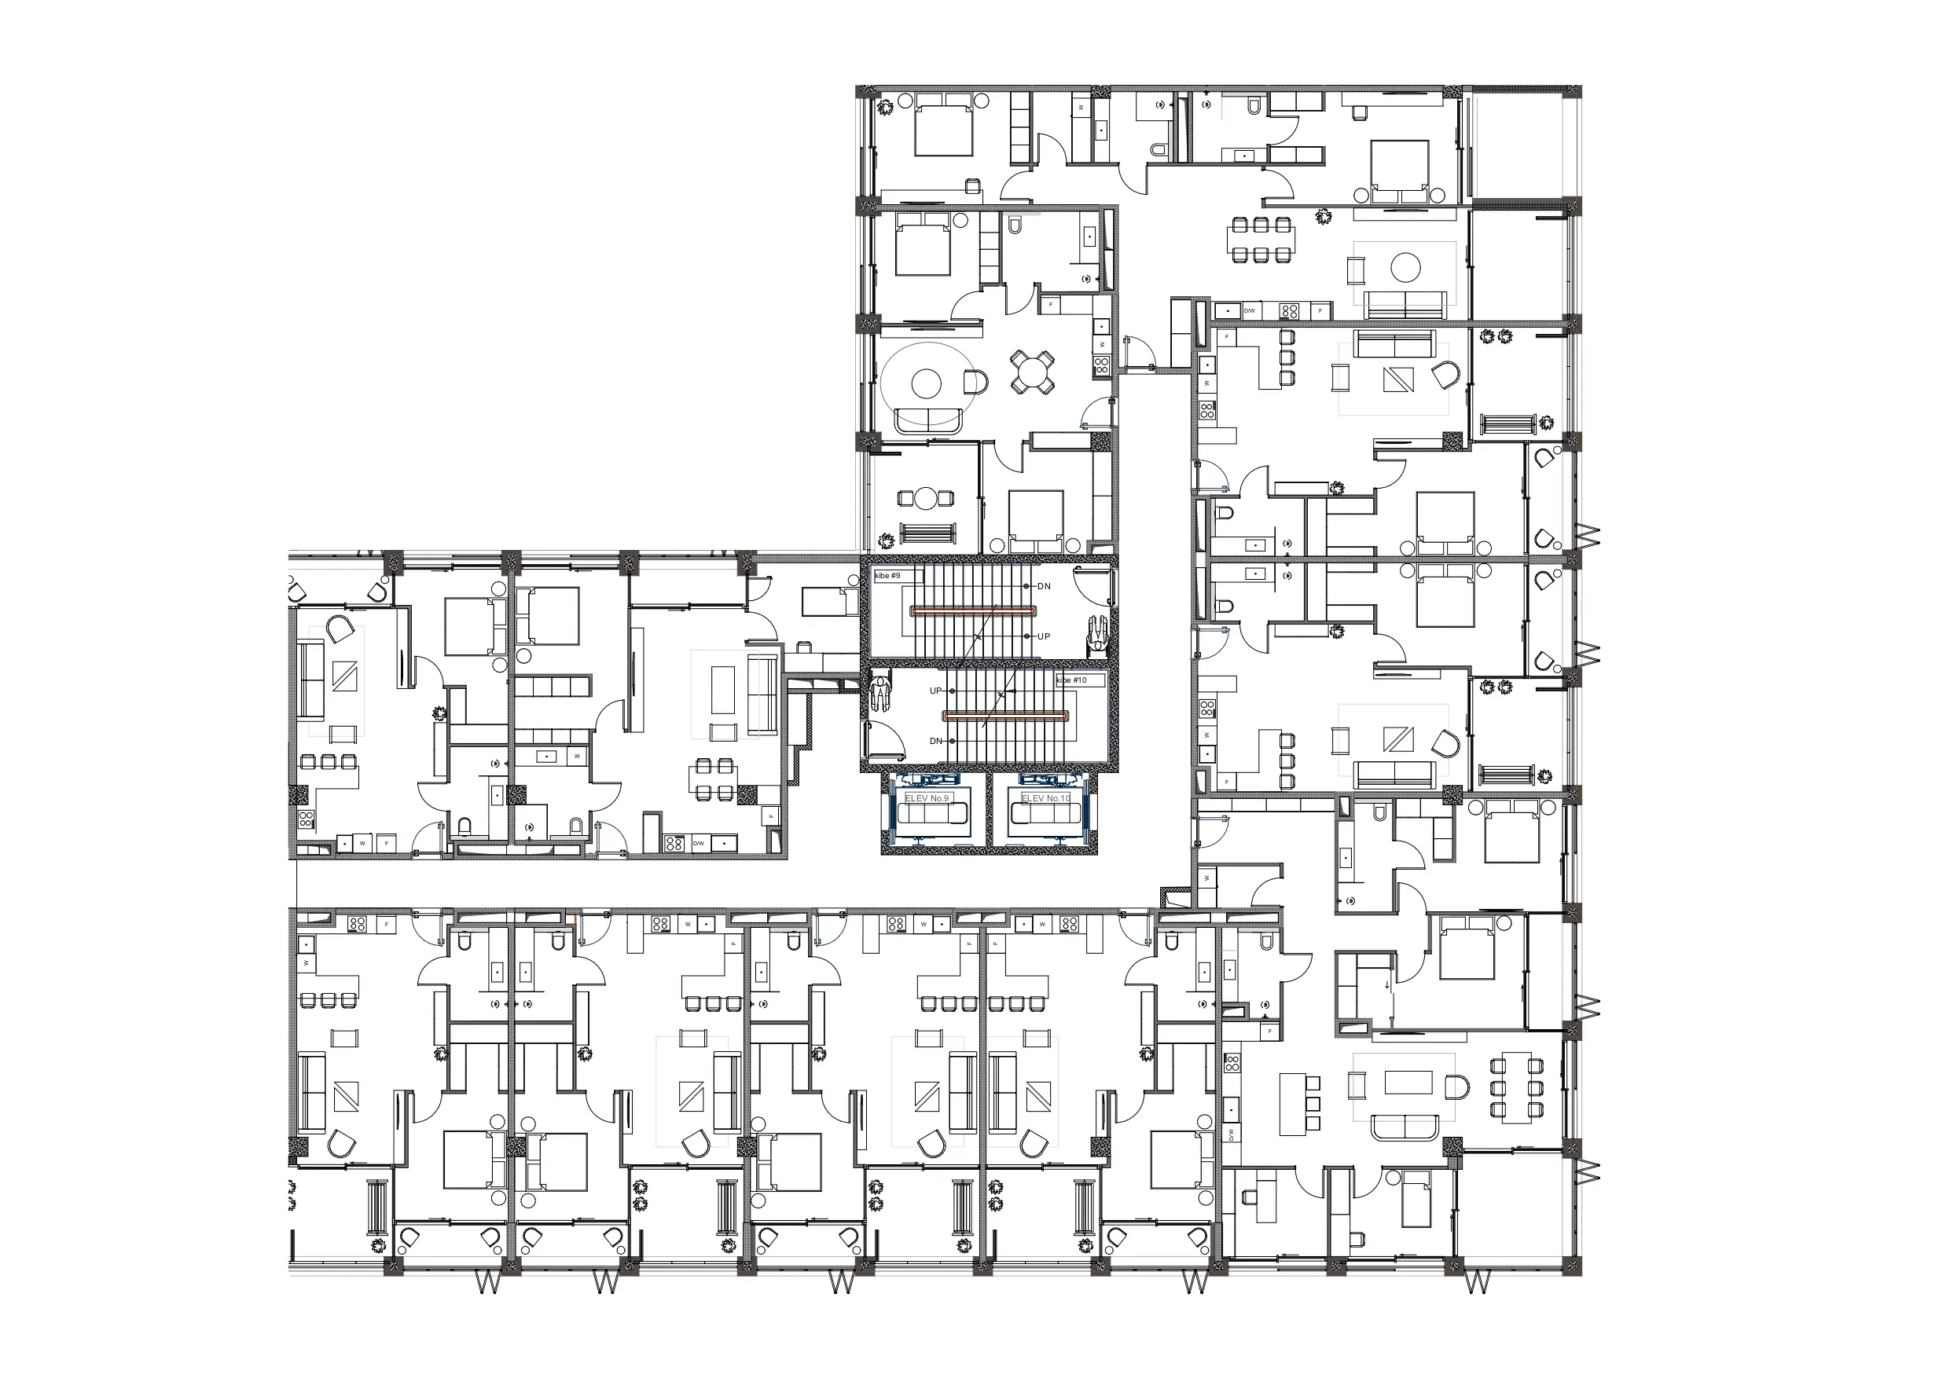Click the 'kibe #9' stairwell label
[x=887, y=576]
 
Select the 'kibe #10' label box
[x=1072, y=680]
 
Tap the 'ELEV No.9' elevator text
[x=927, y=798]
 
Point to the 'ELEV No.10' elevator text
[x=1045, y=798]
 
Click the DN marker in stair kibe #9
[x=1044, y=587]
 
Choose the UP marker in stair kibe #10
[x=935, y=691]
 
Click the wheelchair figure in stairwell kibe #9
[x=1099, y=633]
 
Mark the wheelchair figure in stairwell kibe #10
[x=880, y=691]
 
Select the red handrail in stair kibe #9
[x=973, y=610]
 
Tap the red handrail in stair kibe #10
[x=1004, y=716]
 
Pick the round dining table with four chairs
[x=1032, y=372]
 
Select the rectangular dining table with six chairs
[x=1261, y=240]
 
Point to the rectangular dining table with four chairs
[x=714, y=779]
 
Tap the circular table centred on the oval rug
[x=927, y=383]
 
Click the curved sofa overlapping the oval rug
[x=928, y=420]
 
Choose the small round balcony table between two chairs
[x=926, y=499]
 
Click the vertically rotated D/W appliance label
[x=1229, y=1134]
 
